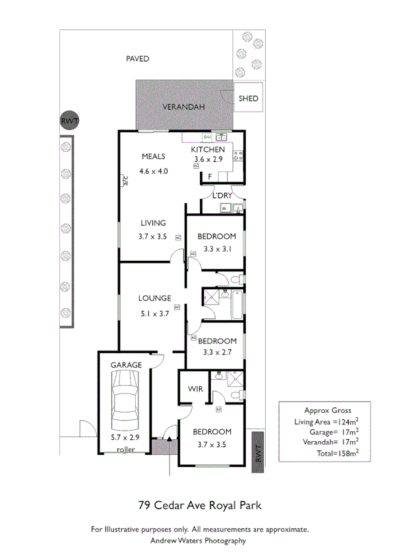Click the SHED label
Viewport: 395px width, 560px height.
coord(249,99)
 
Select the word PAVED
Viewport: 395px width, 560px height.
coord(137,59)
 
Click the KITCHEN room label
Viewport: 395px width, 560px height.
coord(208,150)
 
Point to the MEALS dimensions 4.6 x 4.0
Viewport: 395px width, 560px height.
coord(154,171)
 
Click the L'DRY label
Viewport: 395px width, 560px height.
coord(221,196)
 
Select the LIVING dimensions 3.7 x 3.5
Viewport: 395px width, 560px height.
coord(153,236)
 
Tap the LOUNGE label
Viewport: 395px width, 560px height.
coord(154,298)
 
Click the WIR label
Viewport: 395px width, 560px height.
coord(195,388)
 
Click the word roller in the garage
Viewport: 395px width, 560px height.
coord(126,449)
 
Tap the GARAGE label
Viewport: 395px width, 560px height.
coord(126,365)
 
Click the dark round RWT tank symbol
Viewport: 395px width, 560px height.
coord(69,121)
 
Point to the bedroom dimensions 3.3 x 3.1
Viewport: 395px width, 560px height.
coord(217,250)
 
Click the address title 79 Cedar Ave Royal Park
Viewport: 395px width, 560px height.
coord(199,506)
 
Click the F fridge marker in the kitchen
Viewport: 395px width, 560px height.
coord(209,177)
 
